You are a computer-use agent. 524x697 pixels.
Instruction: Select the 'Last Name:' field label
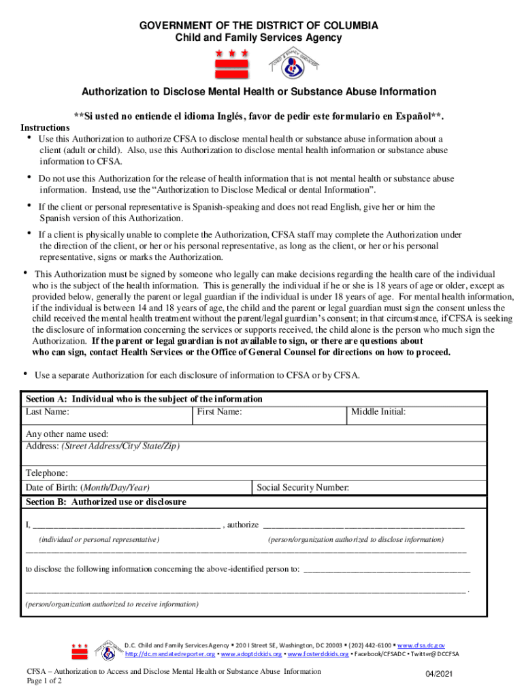click(x=47, y=412)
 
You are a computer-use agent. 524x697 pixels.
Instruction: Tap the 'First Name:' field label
click(x=219, y=412)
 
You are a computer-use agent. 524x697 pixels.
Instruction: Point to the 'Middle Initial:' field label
click(x=378, y=412)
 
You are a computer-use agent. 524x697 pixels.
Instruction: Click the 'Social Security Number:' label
click(x=303, y=487)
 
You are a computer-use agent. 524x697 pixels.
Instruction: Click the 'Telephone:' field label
click(x=47, y=473)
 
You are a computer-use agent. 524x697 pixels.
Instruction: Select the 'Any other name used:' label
click(x=67, y=434)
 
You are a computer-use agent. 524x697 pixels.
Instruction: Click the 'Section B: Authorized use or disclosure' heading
click(x=105, y=502)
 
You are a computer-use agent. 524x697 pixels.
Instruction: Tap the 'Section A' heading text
click(x=144, y=399)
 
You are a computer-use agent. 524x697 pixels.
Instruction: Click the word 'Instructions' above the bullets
click(x=45, y=128)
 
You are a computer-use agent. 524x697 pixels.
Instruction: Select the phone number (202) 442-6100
click(x=370, y=645)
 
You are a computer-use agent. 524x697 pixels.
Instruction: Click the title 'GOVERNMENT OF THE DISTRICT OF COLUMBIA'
click(x=259, y=26)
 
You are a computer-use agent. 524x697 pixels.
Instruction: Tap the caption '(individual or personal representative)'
click(x=99, y=539)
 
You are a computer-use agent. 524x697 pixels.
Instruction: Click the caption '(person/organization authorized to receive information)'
click(x=112, y=604)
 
